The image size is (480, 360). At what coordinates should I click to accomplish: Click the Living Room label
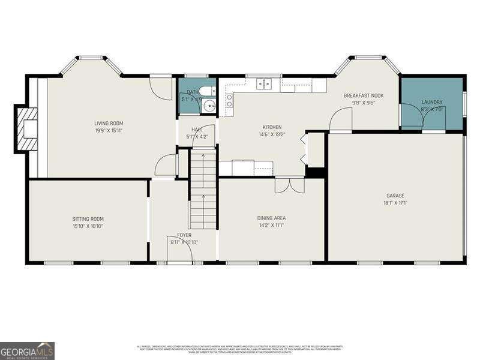(109, 123)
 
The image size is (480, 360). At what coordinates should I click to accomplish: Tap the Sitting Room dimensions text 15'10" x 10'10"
(88, 226)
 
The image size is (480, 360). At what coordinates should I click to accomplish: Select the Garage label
(395, 196)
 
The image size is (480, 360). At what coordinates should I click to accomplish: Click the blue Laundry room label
(431, 102)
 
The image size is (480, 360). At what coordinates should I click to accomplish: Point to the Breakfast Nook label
(364, 95)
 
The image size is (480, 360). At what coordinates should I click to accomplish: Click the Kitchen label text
(271, 127)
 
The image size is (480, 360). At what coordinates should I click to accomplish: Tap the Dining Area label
(271, 218)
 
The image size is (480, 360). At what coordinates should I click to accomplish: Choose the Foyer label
(184, 235)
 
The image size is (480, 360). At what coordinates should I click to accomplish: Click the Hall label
(197, 129)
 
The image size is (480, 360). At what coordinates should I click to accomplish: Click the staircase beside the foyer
(203, 189)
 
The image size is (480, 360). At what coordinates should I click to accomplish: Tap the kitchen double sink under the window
(264, 85)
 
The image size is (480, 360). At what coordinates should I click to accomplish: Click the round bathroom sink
(209, 107)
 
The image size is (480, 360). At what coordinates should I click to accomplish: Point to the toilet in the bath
(206, 91)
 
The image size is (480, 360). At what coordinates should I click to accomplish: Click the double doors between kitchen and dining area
(289, 185)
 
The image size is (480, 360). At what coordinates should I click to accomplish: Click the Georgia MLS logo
(27, 350)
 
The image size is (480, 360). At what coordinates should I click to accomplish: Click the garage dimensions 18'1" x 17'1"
(395, 203)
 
